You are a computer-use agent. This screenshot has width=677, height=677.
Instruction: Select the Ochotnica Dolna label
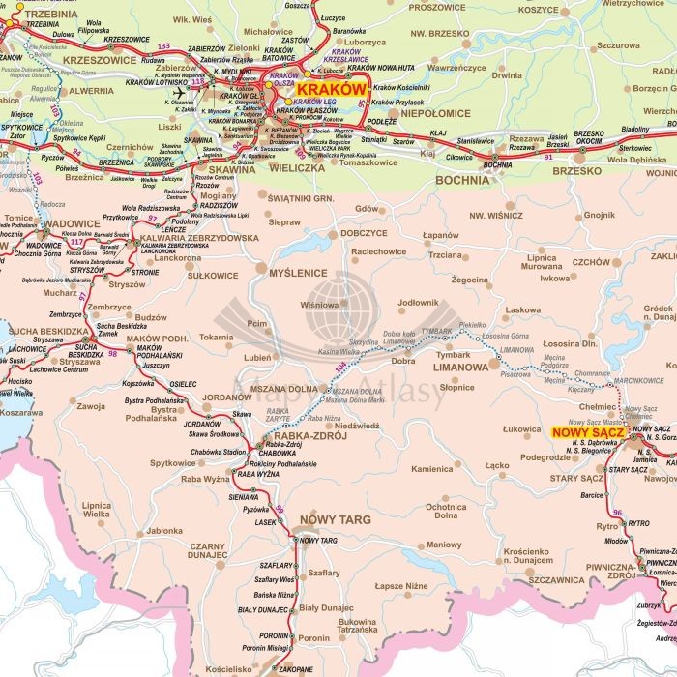coord(446,512)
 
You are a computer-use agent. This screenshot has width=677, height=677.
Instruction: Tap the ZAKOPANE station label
coord(297,668)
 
